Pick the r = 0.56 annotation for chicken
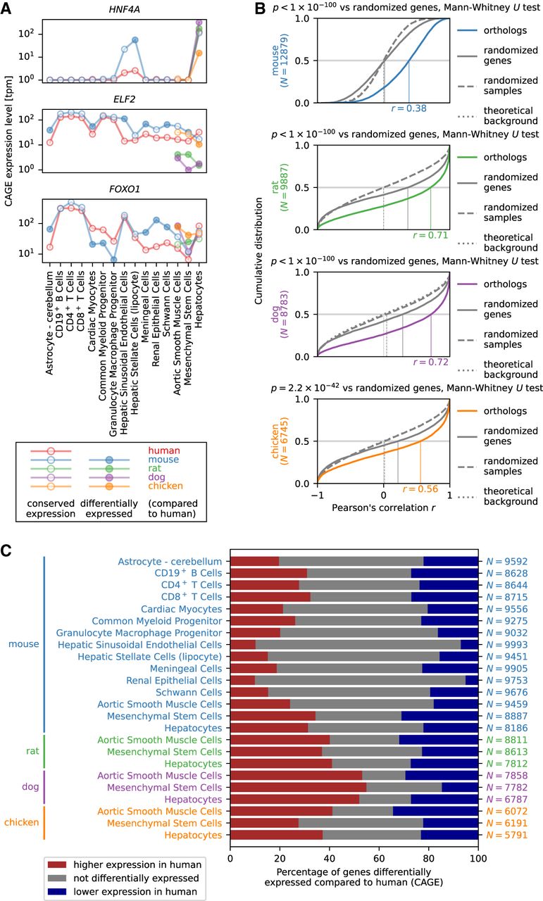tap(420, 489)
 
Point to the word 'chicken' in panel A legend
tap(166, 486)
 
